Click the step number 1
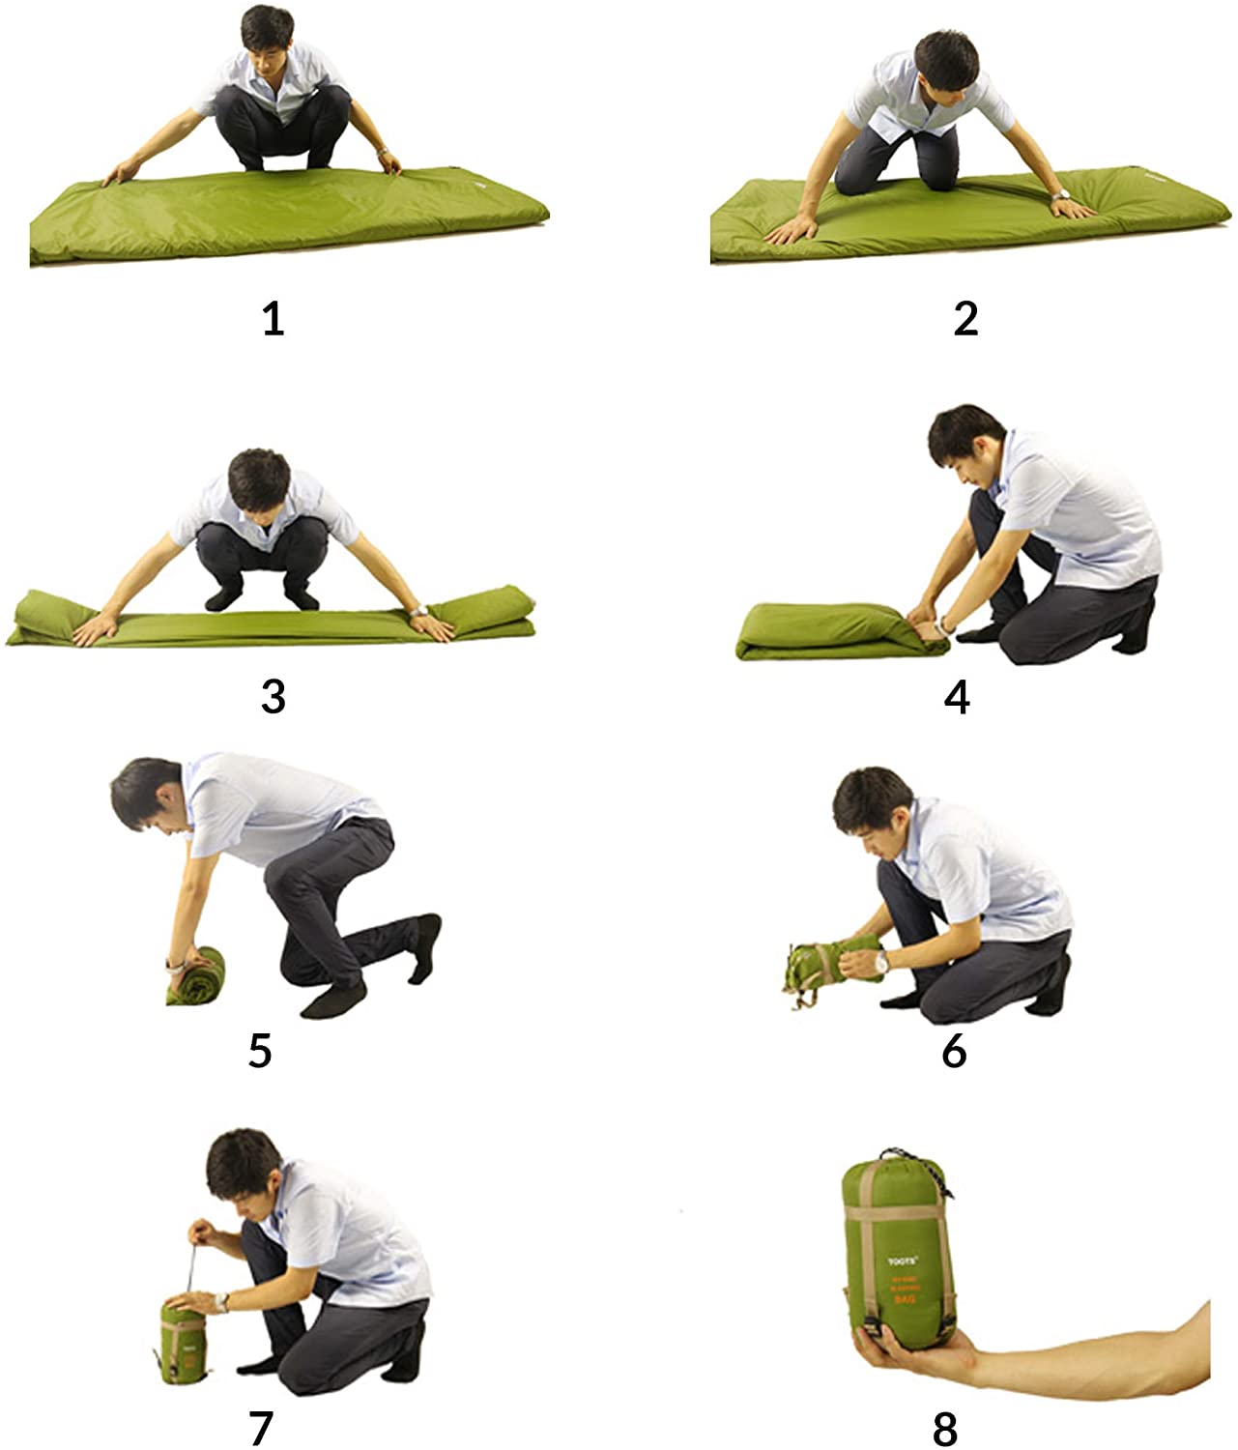(274, 318)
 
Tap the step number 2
(965, 318)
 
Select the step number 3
(274, 695)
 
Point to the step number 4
(957, 695)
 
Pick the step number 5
(260, 1050)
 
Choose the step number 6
(954, 1050)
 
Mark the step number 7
(261, 1427)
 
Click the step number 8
(945, 1427)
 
